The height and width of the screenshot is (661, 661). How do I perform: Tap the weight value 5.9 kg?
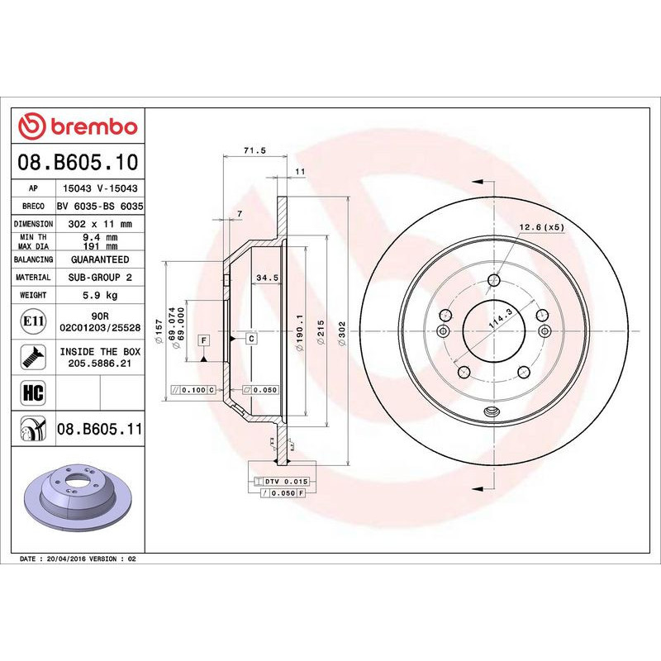tap(100, 295)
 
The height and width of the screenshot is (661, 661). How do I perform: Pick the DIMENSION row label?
tap(34, 223)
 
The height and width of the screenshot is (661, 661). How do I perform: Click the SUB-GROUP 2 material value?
tap(100, 278)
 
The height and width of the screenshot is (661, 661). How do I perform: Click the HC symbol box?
tap(34, 391)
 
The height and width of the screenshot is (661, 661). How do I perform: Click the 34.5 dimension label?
tap(266, 278)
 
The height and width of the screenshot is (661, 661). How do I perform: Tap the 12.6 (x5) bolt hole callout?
tap(541, 226)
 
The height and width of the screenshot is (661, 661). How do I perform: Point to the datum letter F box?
tap(202, 340)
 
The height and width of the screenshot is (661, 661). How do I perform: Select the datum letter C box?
tap(250, 339)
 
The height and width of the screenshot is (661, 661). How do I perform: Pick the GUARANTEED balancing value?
tap(100, 259)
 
